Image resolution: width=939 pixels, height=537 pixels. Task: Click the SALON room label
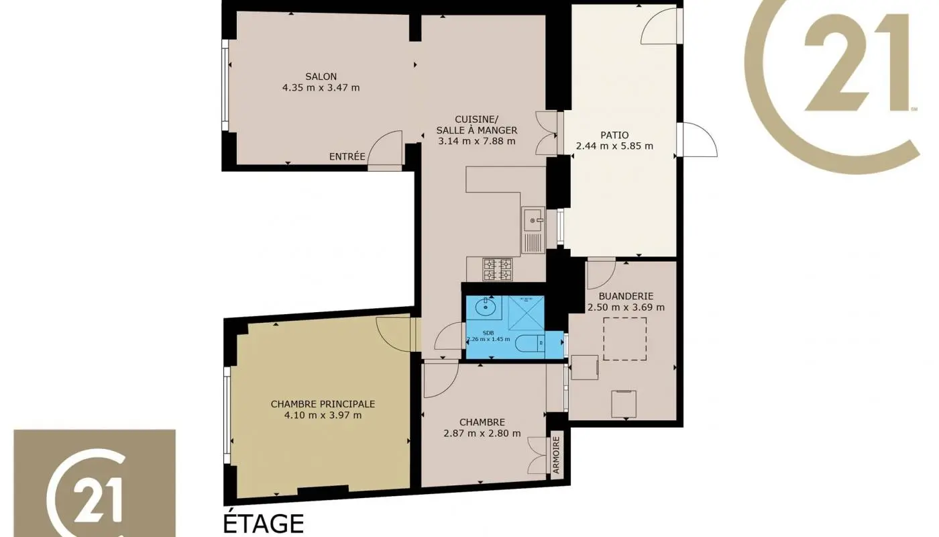(x=321, y=77)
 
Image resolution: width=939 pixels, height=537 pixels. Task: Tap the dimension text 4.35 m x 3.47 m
(x=321, y=87)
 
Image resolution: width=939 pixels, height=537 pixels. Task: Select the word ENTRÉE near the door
(x=347, y=157)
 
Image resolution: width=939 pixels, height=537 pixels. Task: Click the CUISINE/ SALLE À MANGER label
(x=476, y=125)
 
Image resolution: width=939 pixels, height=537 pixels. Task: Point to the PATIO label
(x=614, y=135)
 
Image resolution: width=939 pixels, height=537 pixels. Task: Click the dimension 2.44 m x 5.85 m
(x=614, y=146)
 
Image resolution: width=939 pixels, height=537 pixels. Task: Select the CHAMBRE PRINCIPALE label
(x=323, y=404)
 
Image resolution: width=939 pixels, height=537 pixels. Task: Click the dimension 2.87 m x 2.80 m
(x=482, y=433)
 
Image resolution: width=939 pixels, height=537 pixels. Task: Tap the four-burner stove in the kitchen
(x=497, y=269)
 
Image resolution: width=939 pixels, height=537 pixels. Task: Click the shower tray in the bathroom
(x=525, y=312)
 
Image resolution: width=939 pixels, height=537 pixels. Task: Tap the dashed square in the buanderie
(x=624, y=339)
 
